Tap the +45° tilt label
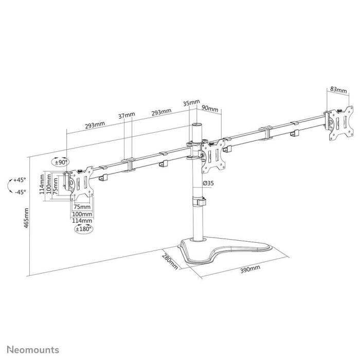coord(20,180)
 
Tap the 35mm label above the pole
coord(191,102)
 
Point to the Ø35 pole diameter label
coord(209,184)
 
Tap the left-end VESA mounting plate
coord(81,184)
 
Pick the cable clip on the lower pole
coord(199,201)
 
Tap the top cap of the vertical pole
coord(196,125)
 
